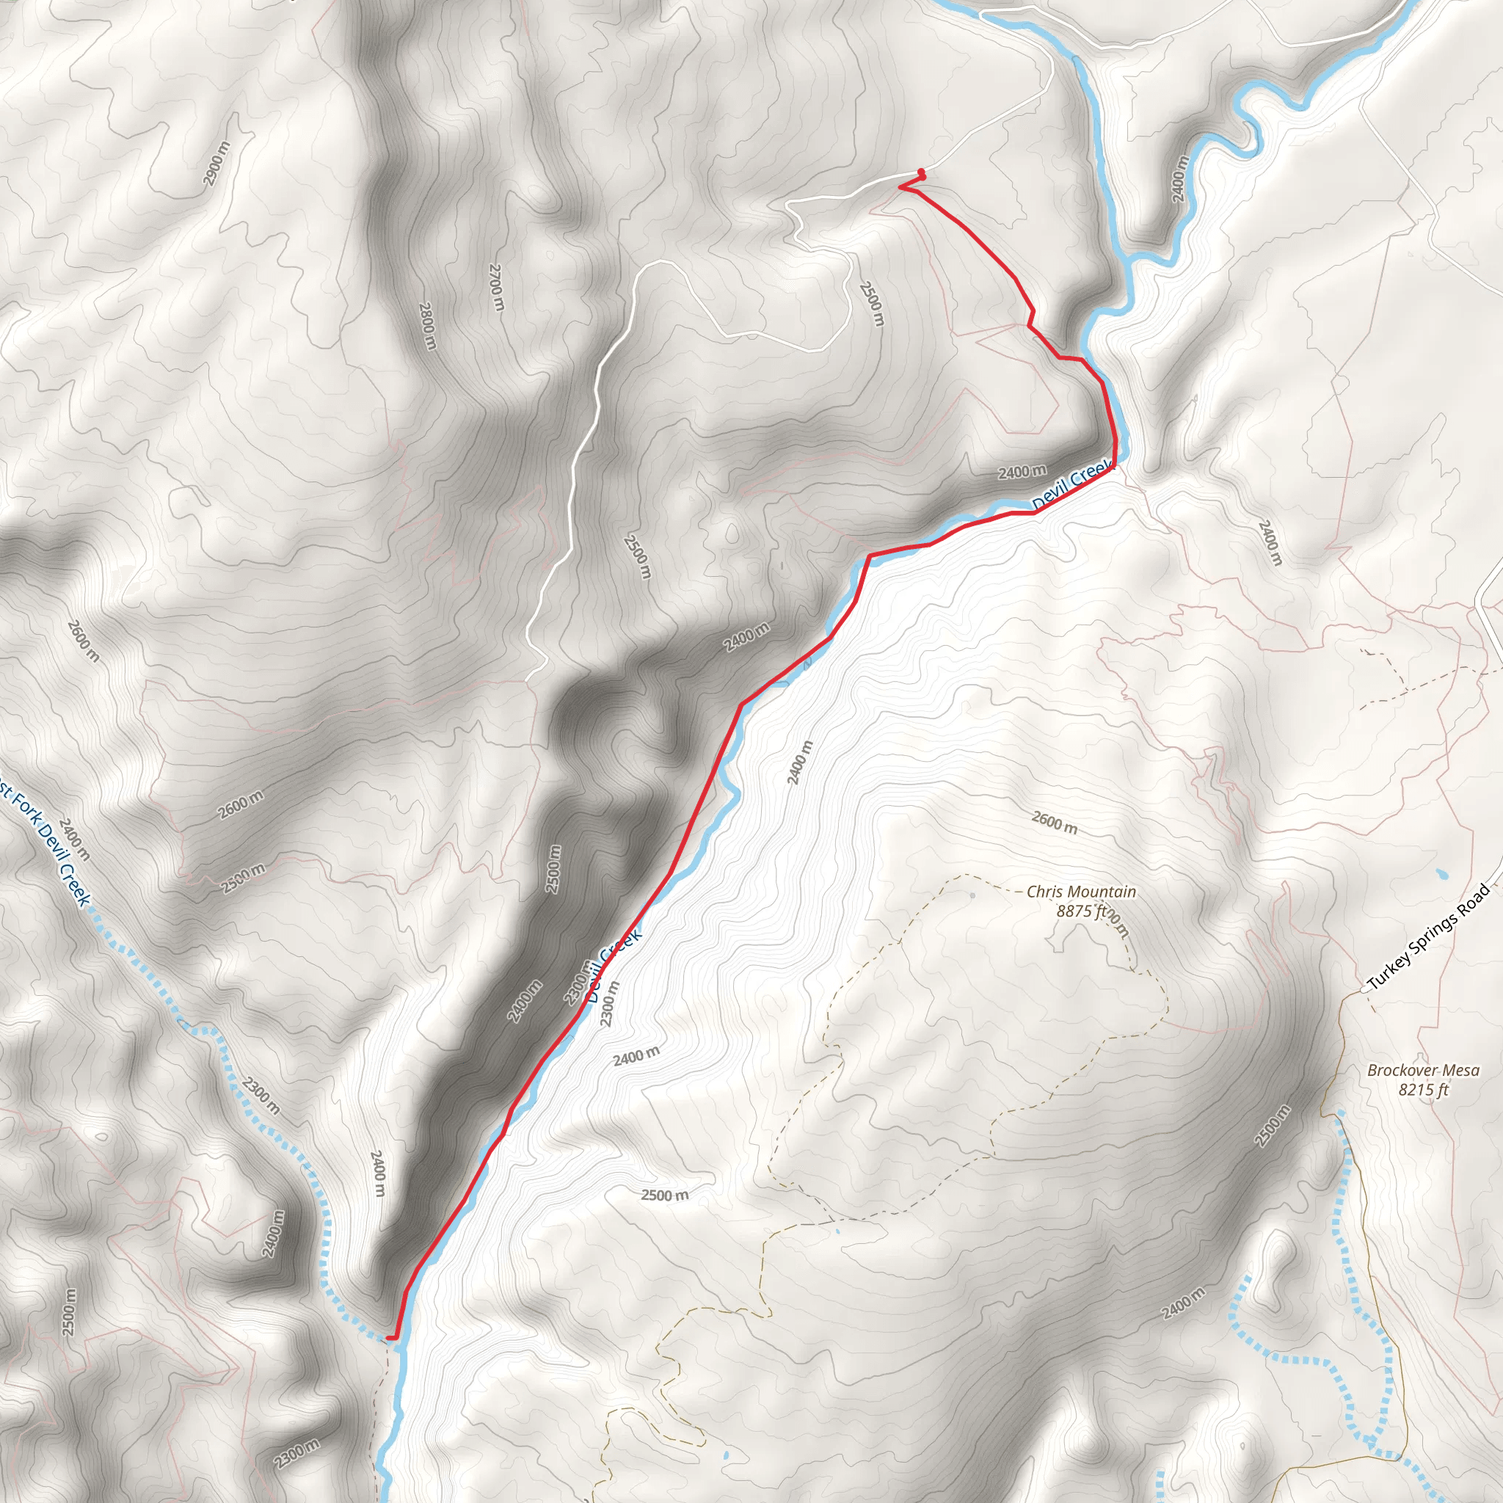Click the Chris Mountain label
[1080, 892]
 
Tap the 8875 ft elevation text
[1080, 911]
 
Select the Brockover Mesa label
[1423, 1071]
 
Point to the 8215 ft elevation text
[1423, 1089]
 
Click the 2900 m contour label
[217, 164]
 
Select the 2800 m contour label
[427, 326]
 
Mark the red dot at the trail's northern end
[921, 172]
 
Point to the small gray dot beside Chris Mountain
[972, 895]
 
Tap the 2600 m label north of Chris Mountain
[1054, 822]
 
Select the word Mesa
[1462, 1071]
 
